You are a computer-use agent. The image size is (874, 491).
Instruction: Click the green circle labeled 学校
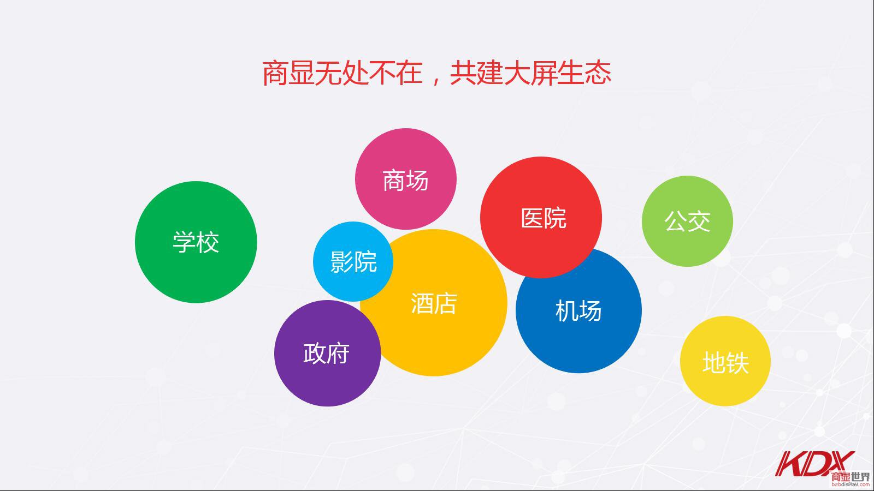pyautogui.click(x=196, y=242)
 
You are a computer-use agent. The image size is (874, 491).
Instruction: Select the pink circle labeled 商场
pyautogui.click(x=406, y=179)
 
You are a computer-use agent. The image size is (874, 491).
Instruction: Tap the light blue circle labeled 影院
pyautogui.click(x=353, y=261)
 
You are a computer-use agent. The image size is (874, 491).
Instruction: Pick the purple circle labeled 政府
pyautogui.click(x=327, y=353)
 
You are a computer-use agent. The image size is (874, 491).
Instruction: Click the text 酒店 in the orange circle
pyautogui.click(x=434, y=303)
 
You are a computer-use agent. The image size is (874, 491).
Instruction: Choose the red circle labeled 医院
pyautogui.click(x=541, y=218)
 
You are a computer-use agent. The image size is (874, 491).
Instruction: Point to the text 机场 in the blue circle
pyautogui.click(x=578, y=310)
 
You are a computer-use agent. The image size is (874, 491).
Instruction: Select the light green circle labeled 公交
pyautogui.click(x=688, y=221)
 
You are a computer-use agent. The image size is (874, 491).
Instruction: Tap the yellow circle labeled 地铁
pyautogui.click(x=725, y=361)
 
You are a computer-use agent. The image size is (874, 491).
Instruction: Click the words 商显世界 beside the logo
pyautogui.click(x=851, y=477)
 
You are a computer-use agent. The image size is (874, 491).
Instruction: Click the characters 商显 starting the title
pyautogui.click(x=288, y=73)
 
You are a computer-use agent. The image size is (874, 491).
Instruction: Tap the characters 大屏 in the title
pyautogui.click(x=530, y=73)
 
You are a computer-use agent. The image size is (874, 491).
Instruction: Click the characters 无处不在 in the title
pyautogui.click(x=369, y=73)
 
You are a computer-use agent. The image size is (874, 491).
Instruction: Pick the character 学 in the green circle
pyautogui.click(x=184, y=242)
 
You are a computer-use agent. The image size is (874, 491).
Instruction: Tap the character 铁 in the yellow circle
pyautogui.click(x=737, y=363)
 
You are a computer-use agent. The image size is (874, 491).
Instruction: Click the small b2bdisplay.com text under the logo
pyautogui.click(x=851, y=485)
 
